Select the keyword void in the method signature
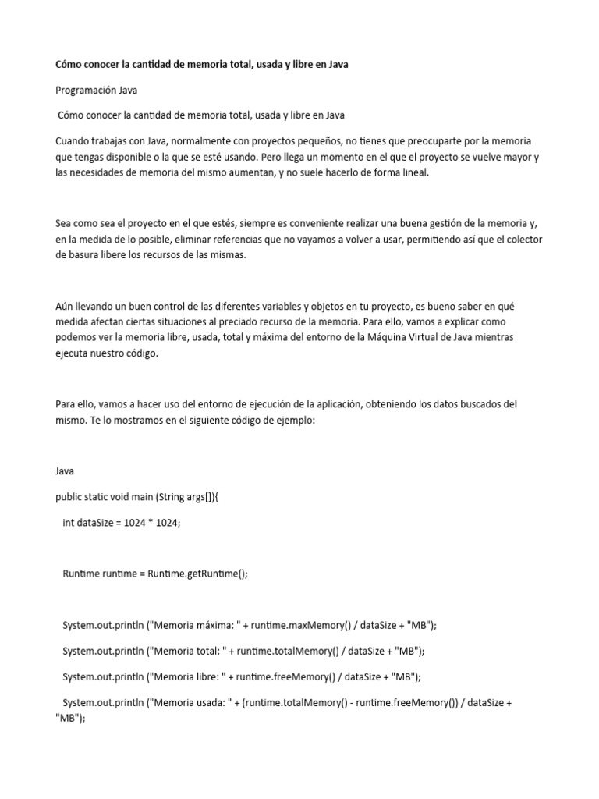point(128,497)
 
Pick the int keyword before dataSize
point(68,523)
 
